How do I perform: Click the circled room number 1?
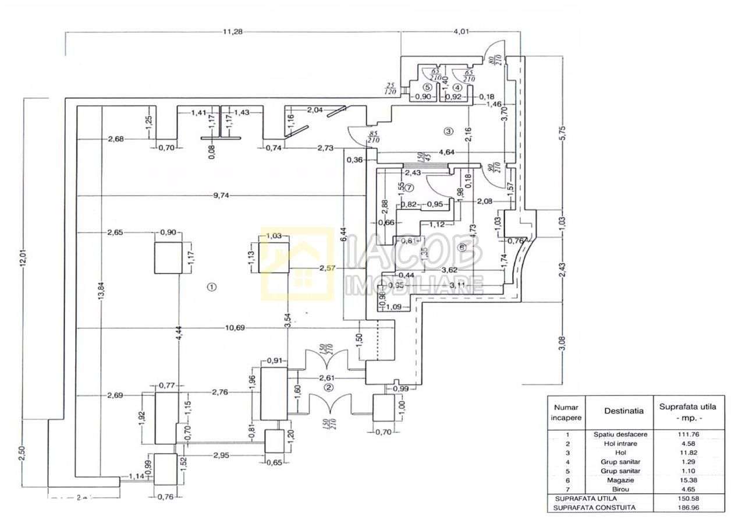pos(212,287)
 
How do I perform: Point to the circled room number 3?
pos(448,131)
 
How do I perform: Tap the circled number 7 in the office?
pos(409,188)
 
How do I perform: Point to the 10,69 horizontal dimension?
pos(235,328)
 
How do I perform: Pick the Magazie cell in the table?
pos(623,480)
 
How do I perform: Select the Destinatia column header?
pos(623,411)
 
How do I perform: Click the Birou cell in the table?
pos(623,489)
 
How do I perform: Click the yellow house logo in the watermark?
pos(296,264)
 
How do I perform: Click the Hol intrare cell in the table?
pos(623,444)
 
